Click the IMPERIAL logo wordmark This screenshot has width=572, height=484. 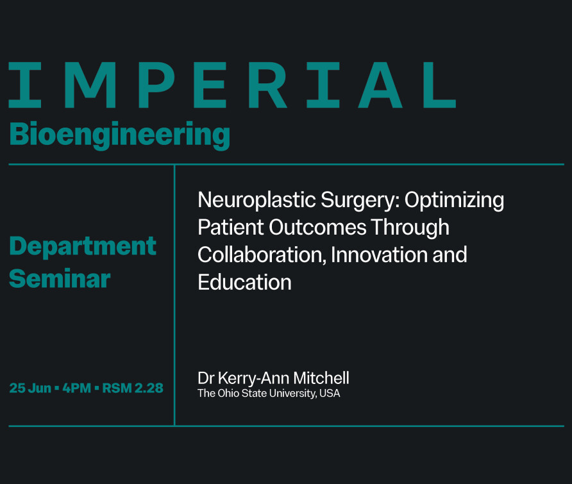(232, 85)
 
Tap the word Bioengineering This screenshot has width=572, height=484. (120, 135)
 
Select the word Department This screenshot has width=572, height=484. (83, 247)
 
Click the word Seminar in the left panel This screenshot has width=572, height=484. (60, 278)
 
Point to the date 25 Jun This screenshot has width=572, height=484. (30, 388)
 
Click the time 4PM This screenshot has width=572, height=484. (76, 388)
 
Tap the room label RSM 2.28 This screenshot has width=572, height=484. (133, 388)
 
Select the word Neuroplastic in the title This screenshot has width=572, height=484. (257, 201)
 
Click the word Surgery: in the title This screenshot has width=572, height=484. (360, 201)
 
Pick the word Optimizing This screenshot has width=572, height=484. (454, 201)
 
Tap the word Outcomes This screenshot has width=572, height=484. (317, 227)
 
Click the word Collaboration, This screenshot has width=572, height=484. (262, 255)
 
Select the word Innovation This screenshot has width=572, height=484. (378, 255)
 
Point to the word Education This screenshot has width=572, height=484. (244, 282)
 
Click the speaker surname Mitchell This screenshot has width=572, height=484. (321, 378)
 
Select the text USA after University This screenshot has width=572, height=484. (330, 393)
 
